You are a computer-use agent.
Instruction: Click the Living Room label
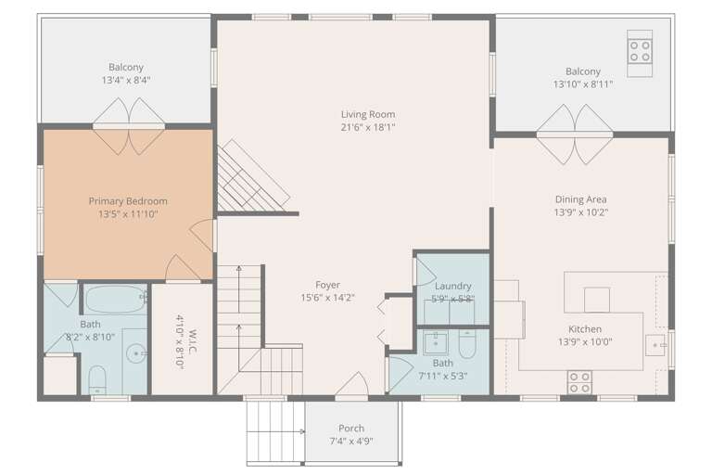tap(368, 114)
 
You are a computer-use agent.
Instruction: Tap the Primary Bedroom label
tap(128, 201)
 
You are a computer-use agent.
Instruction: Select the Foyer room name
tap(327, 285)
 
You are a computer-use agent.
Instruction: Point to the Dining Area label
tap(580, 199)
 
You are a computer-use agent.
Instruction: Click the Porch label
tap(351, 429)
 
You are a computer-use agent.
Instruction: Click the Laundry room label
tap(452, 286)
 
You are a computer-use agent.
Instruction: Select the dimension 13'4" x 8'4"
tap(126, 80)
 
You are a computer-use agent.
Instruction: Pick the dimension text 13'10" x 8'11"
tap(583, 84)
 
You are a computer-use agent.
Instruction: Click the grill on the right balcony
tap(640, 53)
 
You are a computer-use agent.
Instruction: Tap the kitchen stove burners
tap(579, 382)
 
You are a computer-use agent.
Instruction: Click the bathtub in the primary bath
tap(115, 299)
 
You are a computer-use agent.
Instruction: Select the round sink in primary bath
tap(136, 353)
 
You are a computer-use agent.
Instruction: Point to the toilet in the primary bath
tap(97, 380)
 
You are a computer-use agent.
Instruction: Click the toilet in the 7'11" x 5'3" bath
tap(467, 344)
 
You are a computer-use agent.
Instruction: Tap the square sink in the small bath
tap(436, 343)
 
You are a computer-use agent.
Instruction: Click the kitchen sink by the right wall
tap(655, 345)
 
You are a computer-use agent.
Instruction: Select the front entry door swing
tap(352, 384)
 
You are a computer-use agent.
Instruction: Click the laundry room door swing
tap(426, 272)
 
